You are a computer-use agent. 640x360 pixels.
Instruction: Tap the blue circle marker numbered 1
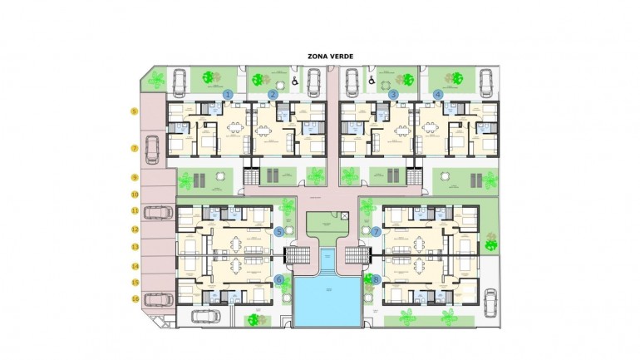point(228,95)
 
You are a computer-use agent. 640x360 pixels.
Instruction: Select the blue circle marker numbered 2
point(273,95)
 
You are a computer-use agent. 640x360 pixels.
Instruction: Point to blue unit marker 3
point(393,95)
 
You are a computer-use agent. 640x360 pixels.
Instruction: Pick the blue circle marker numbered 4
point(438,95)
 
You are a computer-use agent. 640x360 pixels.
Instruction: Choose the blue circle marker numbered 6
point(279,279)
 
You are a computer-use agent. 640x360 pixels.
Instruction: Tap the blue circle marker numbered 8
point(376,279)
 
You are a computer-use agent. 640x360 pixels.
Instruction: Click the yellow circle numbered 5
point(133,111)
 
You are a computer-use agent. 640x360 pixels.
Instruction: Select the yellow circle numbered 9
point(133,177)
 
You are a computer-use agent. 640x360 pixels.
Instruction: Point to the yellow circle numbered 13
point(133,247)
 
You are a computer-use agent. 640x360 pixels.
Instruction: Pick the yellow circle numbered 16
point(133,298)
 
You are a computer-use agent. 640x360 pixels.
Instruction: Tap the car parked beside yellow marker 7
point(153,150)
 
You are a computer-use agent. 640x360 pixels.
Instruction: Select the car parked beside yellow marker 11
point(157,212)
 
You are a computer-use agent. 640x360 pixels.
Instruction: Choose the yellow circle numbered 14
point(133,266)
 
